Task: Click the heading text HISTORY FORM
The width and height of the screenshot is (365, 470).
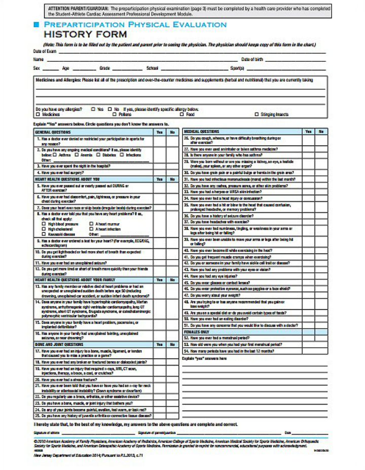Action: [85, 34]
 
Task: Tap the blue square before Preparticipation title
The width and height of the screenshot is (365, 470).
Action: [36, 24]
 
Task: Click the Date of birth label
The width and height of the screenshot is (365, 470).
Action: [252, 59]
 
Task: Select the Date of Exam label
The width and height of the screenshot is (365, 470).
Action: [45, 51]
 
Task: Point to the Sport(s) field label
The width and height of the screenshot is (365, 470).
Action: [238, 67]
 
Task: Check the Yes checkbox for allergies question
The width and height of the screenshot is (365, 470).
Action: [93, 109]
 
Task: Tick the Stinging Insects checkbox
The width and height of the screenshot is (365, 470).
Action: [257, 115]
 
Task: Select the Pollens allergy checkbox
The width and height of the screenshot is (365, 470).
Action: [115, 115]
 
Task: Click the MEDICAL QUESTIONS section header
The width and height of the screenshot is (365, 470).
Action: [201, 131]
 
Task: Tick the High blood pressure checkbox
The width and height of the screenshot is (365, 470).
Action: [44, 224]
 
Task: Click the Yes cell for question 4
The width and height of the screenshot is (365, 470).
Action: [159, 172]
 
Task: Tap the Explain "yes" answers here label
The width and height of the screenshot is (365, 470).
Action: [204, 358]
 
